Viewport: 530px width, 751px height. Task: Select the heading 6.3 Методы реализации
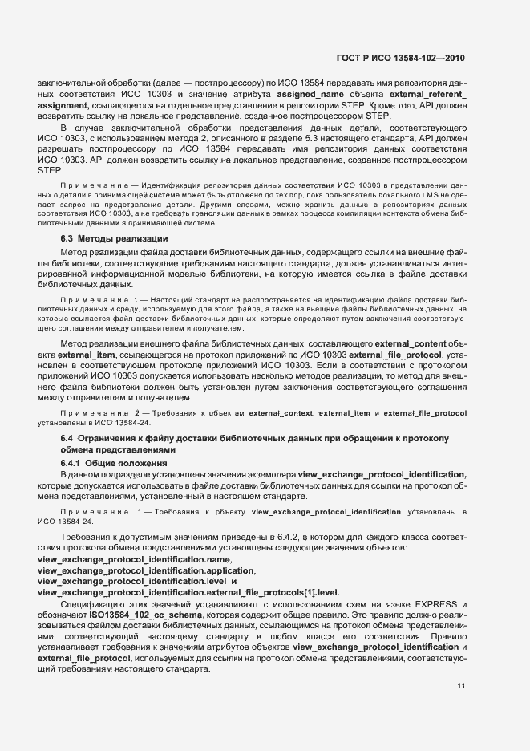point(114,239)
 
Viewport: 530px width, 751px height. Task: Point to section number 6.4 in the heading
point(67,438)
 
